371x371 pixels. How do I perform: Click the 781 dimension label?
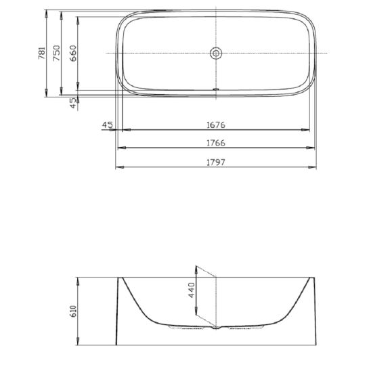point(41,53)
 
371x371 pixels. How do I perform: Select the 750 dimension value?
point(57,53)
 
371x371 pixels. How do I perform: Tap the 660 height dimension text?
point(73,53)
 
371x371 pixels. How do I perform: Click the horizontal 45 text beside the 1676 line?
point(106,125)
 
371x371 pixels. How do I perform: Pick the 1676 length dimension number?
point(216,125)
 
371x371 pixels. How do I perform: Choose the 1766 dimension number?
point(216,144)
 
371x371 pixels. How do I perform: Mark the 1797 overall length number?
point(216,162)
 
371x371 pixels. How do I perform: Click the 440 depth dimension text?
point(191,291)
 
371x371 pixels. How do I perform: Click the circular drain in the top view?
point(216,53)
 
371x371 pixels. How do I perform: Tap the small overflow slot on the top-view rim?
point(216,88)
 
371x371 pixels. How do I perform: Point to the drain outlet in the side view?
point(216,329)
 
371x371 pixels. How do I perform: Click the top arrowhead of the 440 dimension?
point(197,267)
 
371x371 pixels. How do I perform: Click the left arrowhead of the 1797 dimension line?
point(118,167)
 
